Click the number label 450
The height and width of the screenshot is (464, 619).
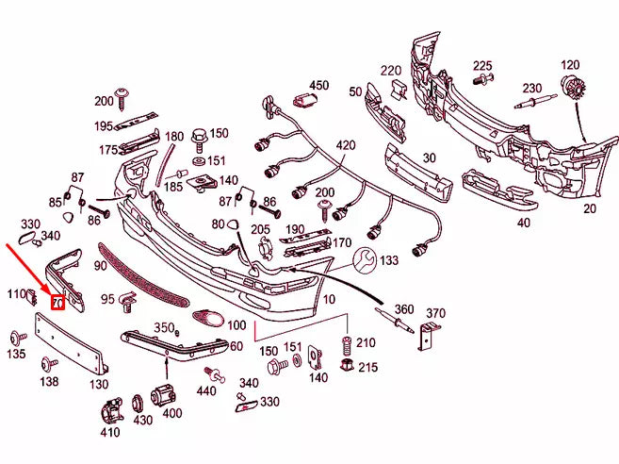click(x=318, y=86)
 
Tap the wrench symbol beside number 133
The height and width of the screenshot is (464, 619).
click(x=365, y=260)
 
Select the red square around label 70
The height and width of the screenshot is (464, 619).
click(x=57, y=303)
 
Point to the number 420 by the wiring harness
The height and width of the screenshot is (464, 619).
click(x=346, y=145)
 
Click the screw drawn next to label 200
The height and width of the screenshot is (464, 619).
click(x=123, y=95)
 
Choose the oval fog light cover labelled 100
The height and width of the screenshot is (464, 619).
click(x=207, y=320)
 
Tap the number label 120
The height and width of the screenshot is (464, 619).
click(x=570, y=65)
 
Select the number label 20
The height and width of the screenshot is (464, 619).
click(x=590, y=209)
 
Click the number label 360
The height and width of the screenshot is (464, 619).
click(x=403, y=309)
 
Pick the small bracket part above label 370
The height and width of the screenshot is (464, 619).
click(x=429, y=333)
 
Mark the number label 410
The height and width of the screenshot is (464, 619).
click(x=109, y=433)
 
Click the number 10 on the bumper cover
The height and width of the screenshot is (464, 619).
click(x=329, y=299)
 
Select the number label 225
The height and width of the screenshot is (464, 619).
click(x=482, y=65)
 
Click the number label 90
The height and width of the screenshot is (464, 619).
click(x=101, y=268)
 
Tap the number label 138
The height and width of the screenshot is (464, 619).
click(x=49, y=382)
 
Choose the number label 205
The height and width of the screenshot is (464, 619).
click(x=261, y=230)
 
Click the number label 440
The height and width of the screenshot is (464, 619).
click(x=206, y=390)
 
